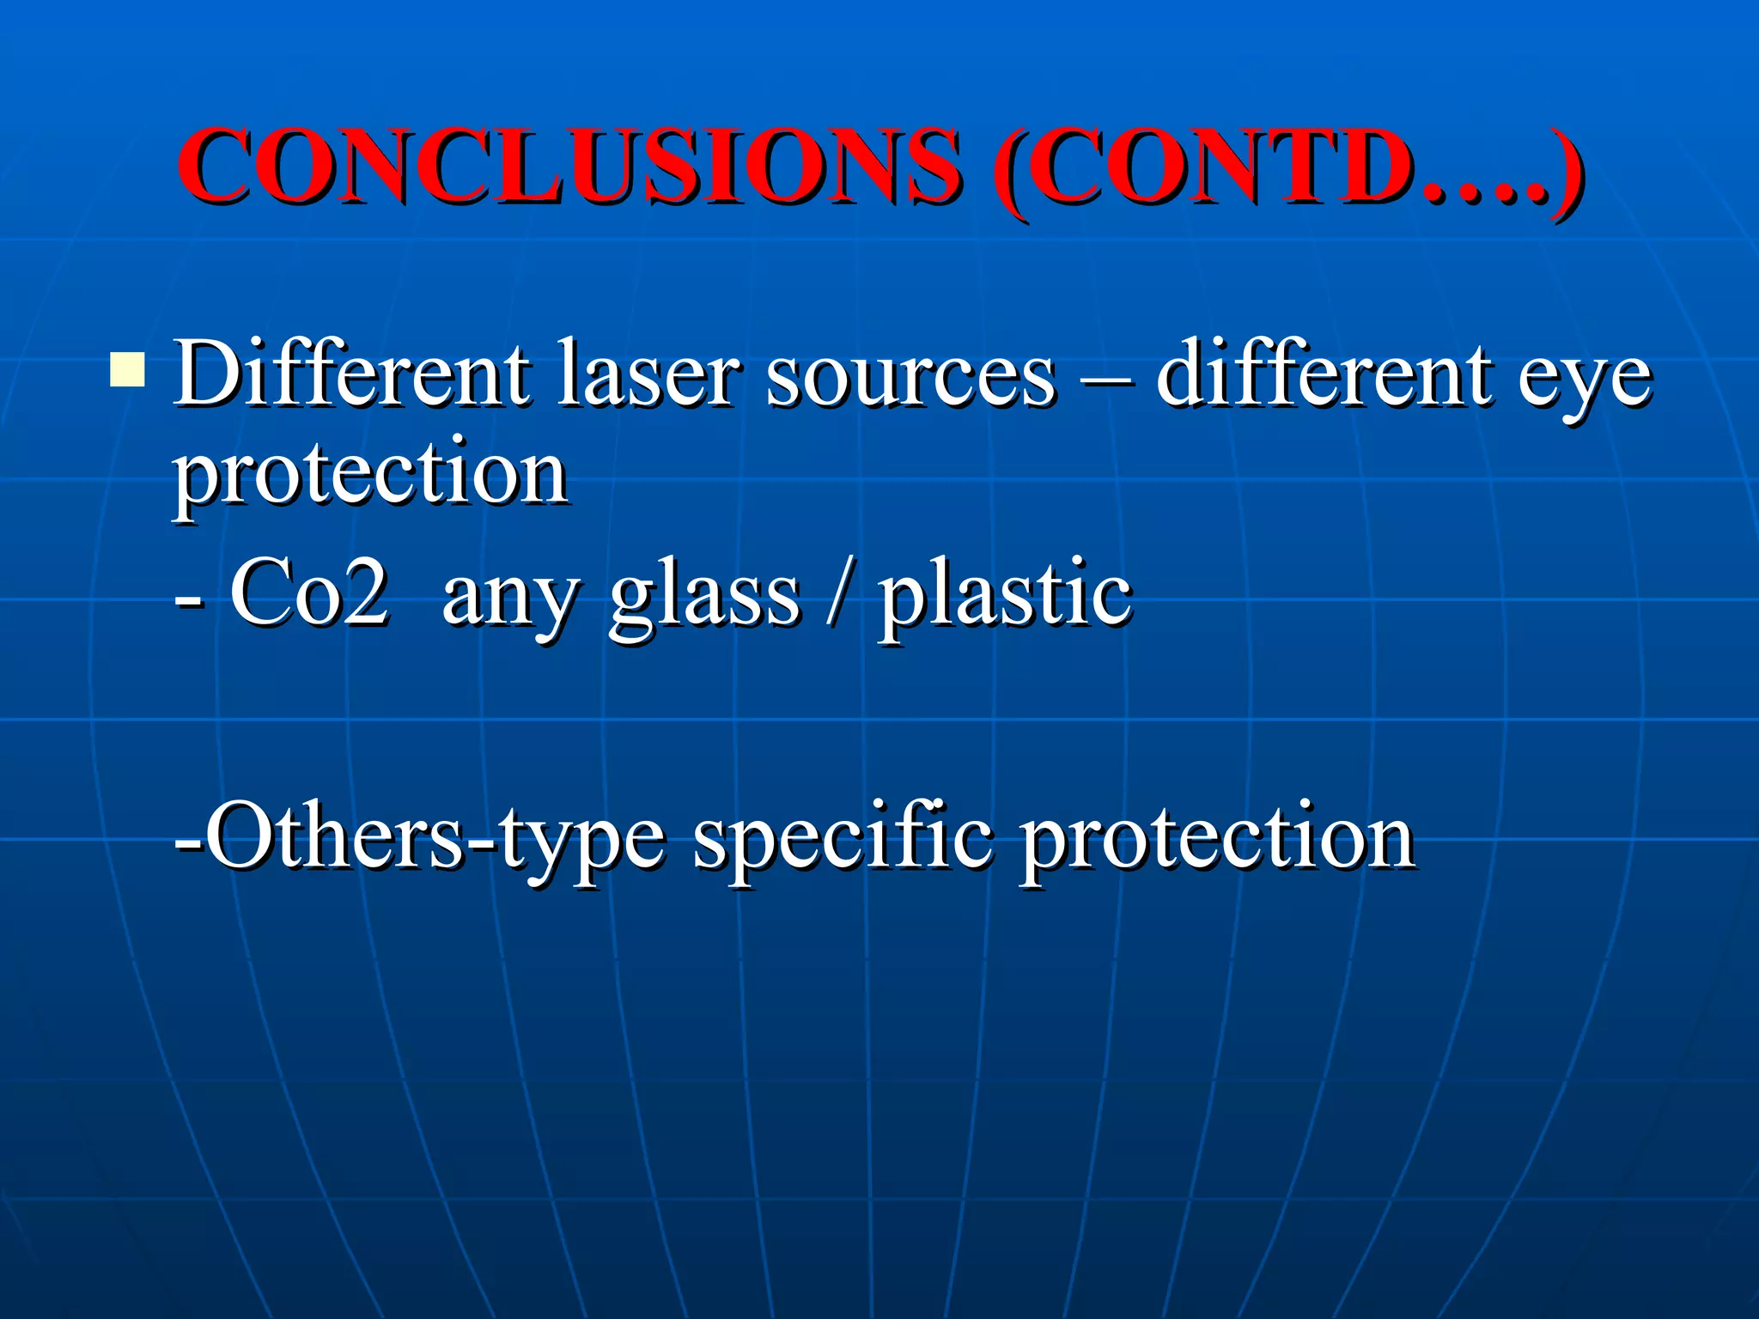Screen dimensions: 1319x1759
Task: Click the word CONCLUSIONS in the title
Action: (569, 166)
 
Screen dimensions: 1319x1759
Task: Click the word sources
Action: (910, 378)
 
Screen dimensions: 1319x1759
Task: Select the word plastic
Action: (1004, 596)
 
